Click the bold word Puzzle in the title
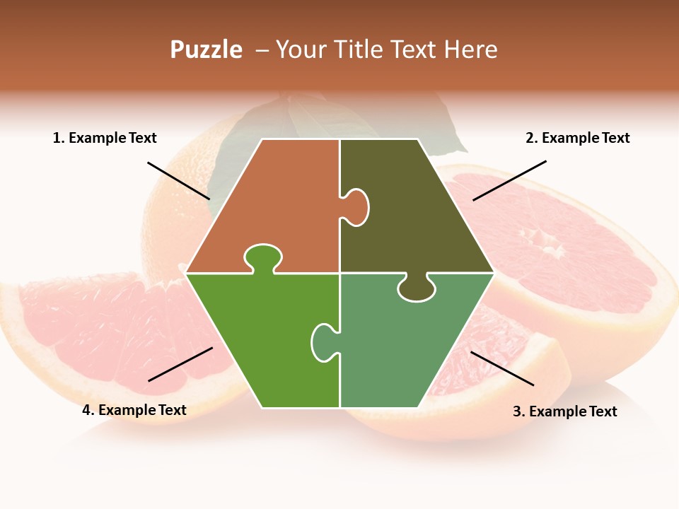coord(206,49)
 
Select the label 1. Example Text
coord(105,138)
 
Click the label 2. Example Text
coord(577,138)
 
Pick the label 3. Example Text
coord(564,411)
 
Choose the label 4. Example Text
coord(134,410)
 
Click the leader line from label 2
coord(509,180)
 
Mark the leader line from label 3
coord(502,368)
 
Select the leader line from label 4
coord(180,364)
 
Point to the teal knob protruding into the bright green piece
coord(323,341)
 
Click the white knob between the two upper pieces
coord(356,207)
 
